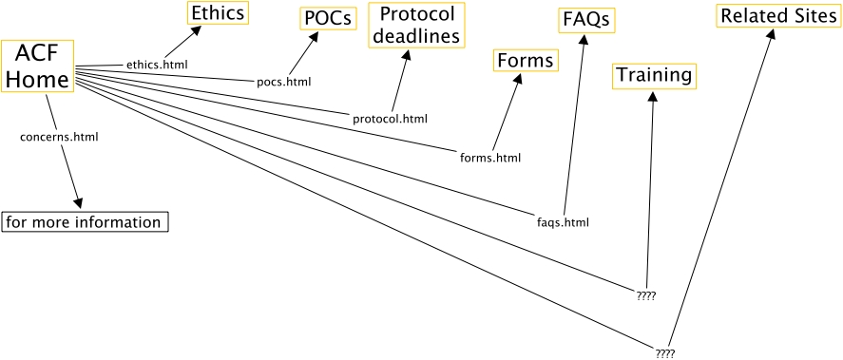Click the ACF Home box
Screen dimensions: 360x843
38,66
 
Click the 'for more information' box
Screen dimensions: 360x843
86,222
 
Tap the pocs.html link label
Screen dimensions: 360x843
284,82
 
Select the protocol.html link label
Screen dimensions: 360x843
390,119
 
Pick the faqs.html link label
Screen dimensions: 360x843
563,223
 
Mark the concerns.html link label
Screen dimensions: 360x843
59,137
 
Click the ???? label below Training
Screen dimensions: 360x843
646,296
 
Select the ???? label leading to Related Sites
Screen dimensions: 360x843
665,352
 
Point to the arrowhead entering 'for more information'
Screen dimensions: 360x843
79,204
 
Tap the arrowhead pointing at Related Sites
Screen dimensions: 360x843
772,34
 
